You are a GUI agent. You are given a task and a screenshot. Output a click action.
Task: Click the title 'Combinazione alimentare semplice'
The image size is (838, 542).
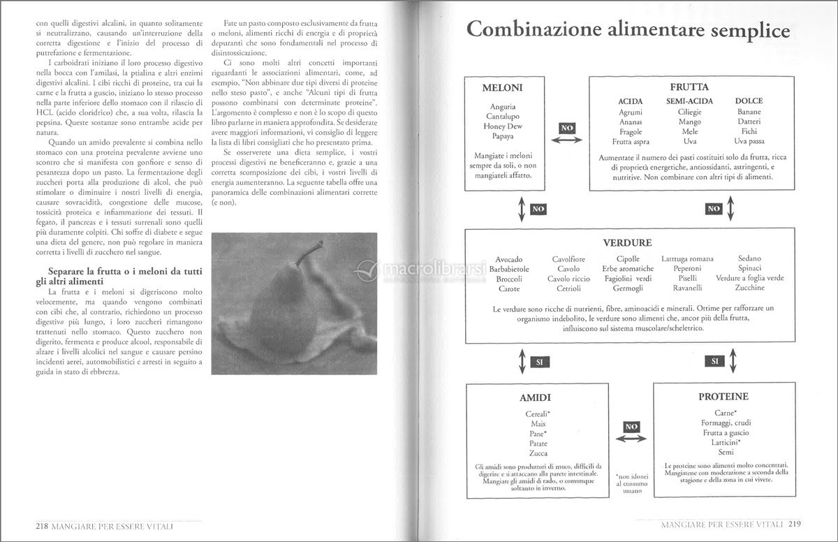[x=628, y=32]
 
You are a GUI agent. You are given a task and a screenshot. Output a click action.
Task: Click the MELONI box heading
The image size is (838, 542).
[x=503, y=89]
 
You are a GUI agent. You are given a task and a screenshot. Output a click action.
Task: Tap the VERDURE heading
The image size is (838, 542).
[x=627, y=243]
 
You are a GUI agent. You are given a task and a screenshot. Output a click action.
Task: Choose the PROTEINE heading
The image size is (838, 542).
[x=723, y=396]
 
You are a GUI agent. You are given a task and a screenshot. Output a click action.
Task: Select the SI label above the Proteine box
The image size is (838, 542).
[x=714, y=361]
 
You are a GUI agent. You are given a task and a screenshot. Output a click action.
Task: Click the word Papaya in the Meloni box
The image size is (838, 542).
[x=503, y=136]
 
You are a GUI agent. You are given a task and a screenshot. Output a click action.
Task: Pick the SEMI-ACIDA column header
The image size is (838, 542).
[x=689, y=101]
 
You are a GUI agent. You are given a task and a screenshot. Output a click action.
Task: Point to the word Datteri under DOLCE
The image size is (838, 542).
[x=749, y=122]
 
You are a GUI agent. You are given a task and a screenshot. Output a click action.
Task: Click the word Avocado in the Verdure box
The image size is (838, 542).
[x=508, y=259]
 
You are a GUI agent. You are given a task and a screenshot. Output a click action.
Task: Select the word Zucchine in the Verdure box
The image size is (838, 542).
[x=749, y=288]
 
